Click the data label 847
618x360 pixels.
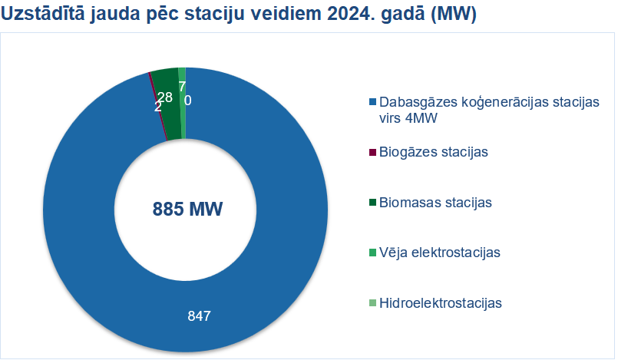point(199,316)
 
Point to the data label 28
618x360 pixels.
point(165,97)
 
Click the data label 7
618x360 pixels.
point(182,87)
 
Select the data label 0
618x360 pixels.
point(188,101)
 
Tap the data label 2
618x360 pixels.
point(157,107)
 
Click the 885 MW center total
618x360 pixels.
point(187,209)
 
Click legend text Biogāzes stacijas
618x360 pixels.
point(434,152)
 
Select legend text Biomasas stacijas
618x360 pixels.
point(435,203)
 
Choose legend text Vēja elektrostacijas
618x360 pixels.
point(440,253)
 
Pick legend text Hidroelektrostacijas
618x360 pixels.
point(441,303)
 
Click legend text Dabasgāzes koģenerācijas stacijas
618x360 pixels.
point(489,102)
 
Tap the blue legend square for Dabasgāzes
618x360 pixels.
point(372,102)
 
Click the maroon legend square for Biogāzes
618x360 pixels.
point(372,152)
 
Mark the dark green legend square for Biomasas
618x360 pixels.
point(372,203)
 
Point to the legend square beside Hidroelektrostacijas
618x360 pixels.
point(372,303)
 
